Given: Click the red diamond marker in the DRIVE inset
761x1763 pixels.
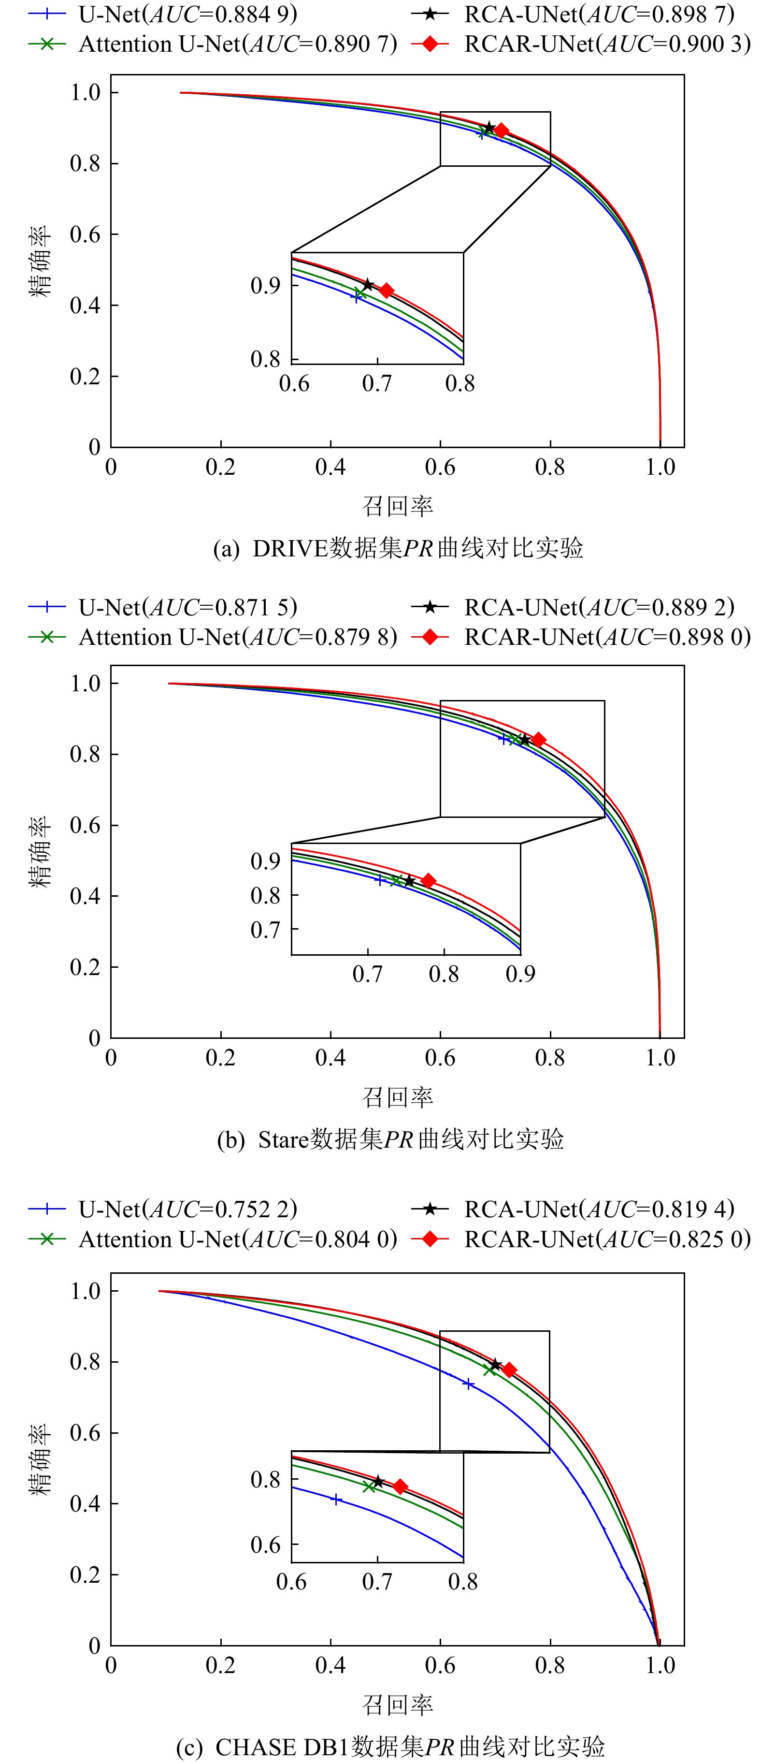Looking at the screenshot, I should click(x=386, y=291).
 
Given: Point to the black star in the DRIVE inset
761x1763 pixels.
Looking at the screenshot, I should click(x=368, y=285).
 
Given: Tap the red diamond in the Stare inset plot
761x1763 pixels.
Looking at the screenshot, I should click(x=429, y=881).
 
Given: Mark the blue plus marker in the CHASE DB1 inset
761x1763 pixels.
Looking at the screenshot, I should click(x=336, y=1500).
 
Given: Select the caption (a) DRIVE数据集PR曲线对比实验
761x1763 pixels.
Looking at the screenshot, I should click(x=398, y=548).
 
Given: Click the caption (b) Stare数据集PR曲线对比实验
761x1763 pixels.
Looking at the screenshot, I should click(x=390, y=1139).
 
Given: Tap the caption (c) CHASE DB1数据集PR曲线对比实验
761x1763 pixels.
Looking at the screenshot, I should click(x=390, y=1747).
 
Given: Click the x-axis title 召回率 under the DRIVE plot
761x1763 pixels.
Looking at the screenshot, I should click(x=398, y=507).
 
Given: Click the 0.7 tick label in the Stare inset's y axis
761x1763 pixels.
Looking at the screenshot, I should click(x=266, y=930).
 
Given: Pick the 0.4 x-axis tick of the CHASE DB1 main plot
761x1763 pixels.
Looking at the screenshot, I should click(x=330, y=1666).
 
